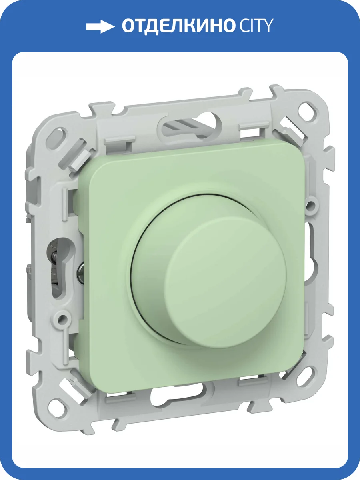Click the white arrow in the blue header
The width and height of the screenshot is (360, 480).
tap(100, 26)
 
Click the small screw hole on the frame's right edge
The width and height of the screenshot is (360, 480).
tap(309, 205)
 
